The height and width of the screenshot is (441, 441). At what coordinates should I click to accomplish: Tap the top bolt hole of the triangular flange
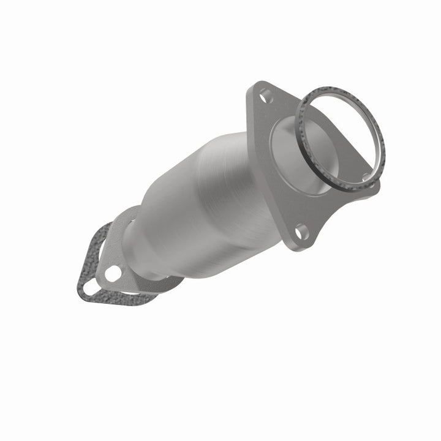(264, 95)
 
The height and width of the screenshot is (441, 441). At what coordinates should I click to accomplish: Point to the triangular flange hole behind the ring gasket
(366, 178)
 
